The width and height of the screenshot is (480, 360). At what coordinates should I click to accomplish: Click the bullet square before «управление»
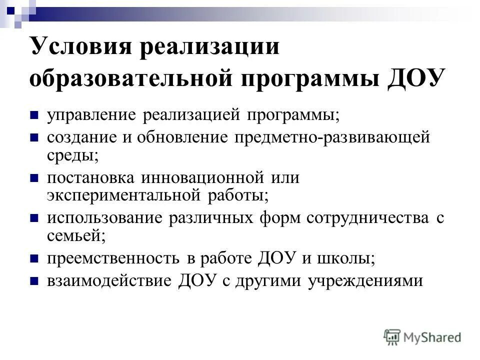[x=34, y=115]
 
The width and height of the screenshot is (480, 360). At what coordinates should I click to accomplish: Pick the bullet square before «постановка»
[x=34, y=177]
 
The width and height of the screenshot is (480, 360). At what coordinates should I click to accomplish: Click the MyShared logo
[x=422, y=337]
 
